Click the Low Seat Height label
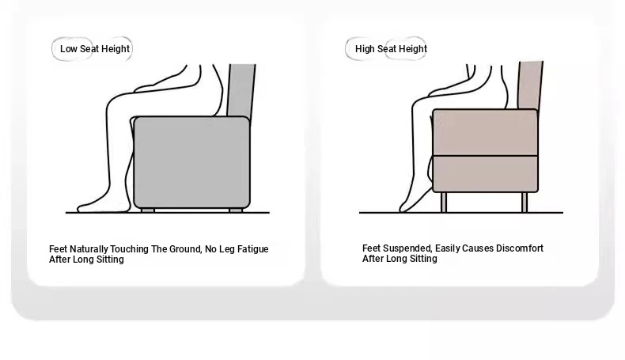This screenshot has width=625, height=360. coord(95,48)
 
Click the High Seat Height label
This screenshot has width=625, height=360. coord(391,48)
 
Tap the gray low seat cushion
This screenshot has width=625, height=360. coord(191,162)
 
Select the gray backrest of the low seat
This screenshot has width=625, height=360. coord(241,91)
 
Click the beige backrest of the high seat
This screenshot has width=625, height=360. coord(531,85)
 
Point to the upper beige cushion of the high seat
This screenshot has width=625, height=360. coord(485,132)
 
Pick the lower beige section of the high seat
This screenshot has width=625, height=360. coord(485,174)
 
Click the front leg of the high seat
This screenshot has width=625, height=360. coord(444,202)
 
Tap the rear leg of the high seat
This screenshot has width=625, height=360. coord(525,202)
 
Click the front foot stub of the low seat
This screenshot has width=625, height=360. coord(148,210)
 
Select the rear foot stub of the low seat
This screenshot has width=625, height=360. coord(236,210)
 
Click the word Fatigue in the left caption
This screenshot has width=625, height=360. coord(252,249)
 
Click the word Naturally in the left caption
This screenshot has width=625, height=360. coord(89,249)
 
